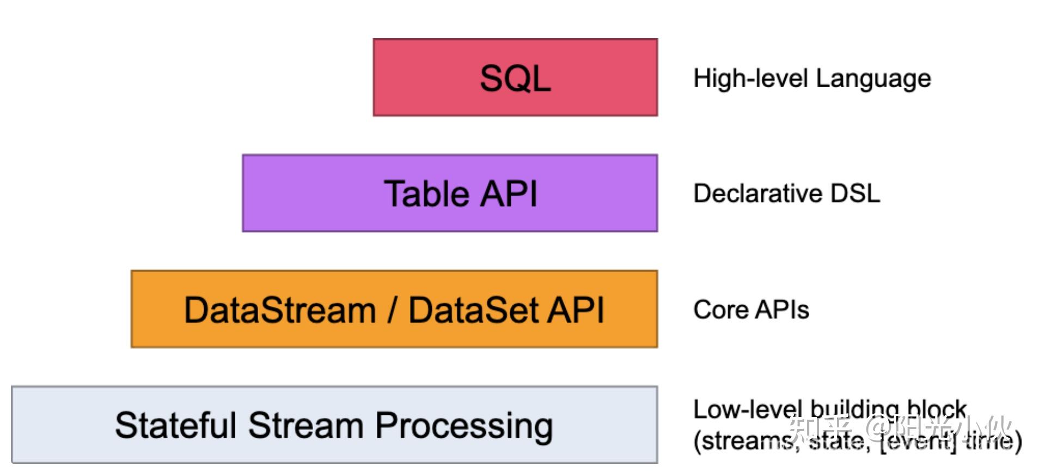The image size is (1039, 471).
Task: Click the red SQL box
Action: point(515,77)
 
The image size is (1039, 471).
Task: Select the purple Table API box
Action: point(450,193)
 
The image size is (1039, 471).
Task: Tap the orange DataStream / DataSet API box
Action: point(394,309)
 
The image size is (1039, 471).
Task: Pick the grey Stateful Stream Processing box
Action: point(334,425)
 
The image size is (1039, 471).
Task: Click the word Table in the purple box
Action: point(426,194)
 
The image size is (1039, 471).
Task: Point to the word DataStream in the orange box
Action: point(280,310)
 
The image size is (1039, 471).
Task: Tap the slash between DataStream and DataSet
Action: point(392,310)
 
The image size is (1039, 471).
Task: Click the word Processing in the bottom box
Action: point(464,426)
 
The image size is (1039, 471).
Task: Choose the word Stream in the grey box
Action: point(305,425)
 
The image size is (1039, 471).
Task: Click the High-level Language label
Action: point(811,78)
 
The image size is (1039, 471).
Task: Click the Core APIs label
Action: point(751,310)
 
